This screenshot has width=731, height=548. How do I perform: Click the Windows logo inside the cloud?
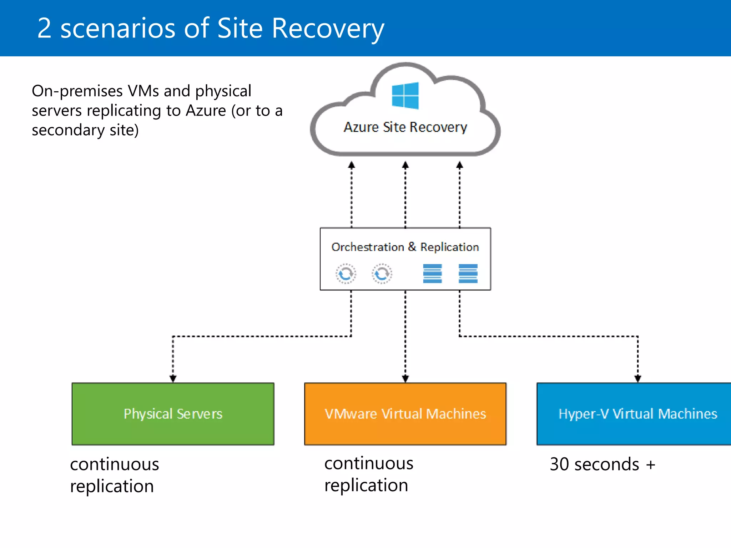[x=405, y=96]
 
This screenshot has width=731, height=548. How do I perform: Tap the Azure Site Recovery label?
[x=405, y=127]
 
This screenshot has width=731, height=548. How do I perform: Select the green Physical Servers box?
[x=173, y=414]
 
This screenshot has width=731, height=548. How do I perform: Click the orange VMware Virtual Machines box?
[x=405, y=414]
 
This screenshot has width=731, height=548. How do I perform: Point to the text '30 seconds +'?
[x=603, y=465]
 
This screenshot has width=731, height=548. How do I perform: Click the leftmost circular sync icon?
[x=346, y=274]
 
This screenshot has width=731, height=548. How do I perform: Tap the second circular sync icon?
[x=382, y=274]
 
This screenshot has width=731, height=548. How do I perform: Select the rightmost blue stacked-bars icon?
[x=468, y=274]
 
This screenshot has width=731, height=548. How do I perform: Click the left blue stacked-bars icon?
[x=432, y=274]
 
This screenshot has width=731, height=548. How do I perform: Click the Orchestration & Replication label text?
[x=405, y=247]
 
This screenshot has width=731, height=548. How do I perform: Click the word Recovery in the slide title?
[x=328, y=29]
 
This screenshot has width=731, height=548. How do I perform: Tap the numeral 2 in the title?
[x=44, y=29]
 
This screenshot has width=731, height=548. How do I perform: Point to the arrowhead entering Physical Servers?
[x=173, y=379]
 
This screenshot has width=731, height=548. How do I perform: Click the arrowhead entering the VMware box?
[x=405, y=379]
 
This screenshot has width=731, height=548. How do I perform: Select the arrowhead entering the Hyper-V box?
[x=638, y=379]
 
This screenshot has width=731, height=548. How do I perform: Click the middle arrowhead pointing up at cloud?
[x=405, y=165]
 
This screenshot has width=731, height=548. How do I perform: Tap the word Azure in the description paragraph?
[x=206, y=111]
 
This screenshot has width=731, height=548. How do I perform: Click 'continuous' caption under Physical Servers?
[x=115, y=465]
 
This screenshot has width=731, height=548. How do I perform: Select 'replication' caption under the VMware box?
[x=366, y=486]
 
